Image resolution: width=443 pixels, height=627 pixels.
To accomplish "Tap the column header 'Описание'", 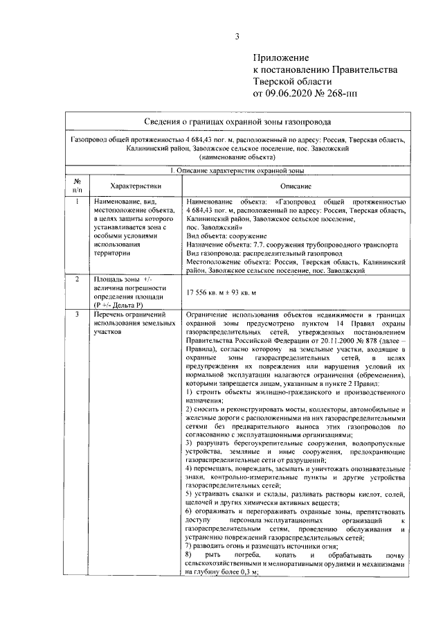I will pos(300,186).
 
